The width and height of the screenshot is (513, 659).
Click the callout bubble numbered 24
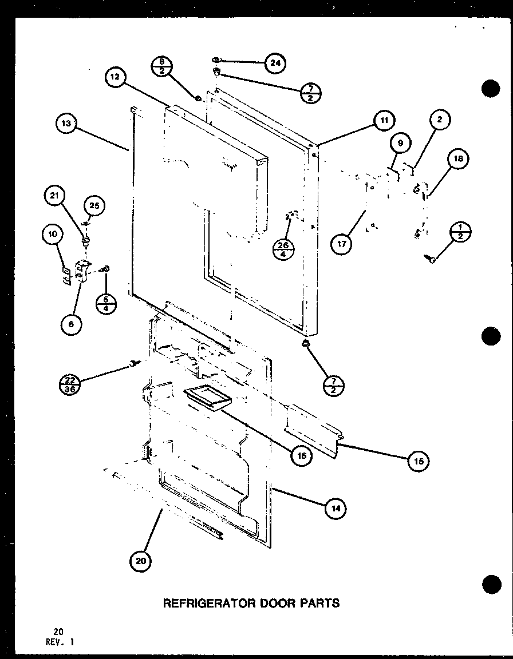275,63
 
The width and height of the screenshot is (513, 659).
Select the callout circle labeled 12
116,78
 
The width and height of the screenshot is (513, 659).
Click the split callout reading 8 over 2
161,67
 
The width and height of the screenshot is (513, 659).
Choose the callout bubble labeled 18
460,159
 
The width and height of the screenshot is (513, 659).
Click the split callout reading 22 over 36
70,382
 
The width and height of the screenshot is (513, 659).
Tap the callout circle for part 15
419,462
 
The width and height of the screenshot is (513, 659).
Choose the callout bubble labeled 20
141,561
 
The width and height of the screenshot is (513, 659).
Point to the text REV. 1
60,642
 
